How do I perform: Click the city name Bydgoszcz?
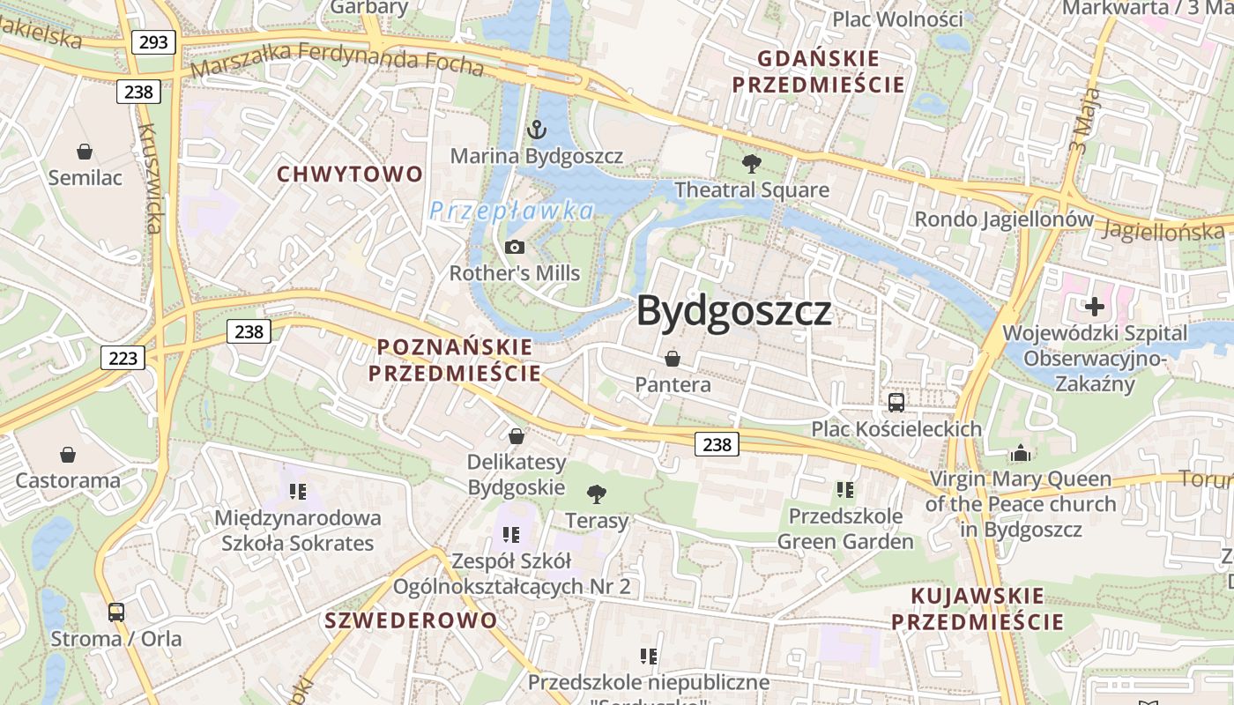(x=734, y=310)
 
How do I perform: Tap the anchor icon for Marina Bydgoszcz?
(x=536, y=130)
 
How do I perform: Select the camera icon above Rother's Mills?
(x=515, y=248)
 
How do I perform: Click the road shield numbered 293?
(x=153, y=41)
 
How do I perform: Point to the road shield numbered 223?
(x=123, y=358)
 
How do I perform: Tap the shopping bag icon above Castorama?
(x=68, y=455)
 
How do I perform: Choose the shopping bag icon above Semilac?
(x=85, y=152)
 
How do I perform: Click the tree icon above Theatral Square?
(x=752, y=163)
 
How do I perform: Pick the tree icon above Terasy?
(x=597, y=493)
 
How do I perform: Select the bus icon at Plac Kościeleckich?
(x=896, y=403)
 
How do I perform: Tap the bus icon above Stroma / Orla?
(x=115, y=612)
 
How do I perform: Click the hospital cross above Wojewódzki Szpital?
(x=1095, y=307)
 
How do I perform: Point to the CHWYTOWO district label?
(x=351, y=174)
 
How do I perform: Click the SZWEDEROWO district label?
(x=411, y=620)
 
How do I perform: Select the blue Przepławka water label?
(x=512, y=211)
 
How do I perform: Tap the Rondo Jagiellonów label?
(x=1004, y=219)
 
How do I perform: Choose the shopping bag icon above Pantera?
(x=673, y=359)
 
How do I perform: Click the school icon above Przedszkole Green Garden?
(x=845, y=489)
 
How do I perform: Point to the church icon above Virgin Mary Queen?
(x=1021, y=454)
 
